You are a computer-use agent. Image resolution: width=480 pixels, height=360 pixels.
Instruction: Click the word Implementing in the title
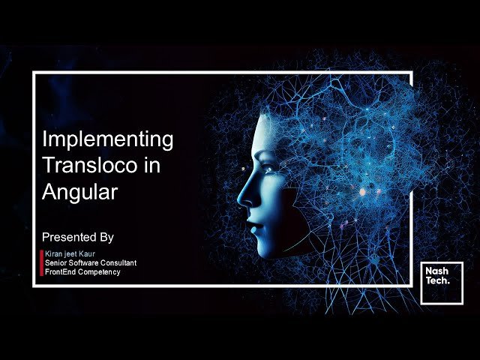coord(107,139)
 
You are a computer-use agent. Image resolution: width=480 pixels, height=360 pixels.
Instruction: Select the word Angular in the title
coord(79,192)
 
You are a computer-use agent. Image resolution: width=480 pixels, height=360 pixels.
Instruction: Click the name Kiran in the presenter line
coord(54,254)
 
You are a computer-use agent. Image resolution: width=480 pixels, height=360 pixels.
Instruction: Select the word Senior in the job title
coord(56,263)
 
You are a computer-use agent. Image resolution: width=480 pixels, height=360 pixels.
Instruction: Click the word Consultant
coord(117,263)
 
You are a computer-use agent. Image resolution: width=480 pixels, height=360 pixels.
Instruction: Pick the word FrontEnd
coord(60,271)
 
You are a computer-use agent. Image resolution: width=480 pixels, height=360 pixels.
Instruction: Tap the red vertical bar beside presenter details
coord(41,262)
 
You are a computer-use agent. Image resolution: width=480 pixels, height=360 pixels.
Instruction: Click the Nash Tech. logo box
coord(442,283)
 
